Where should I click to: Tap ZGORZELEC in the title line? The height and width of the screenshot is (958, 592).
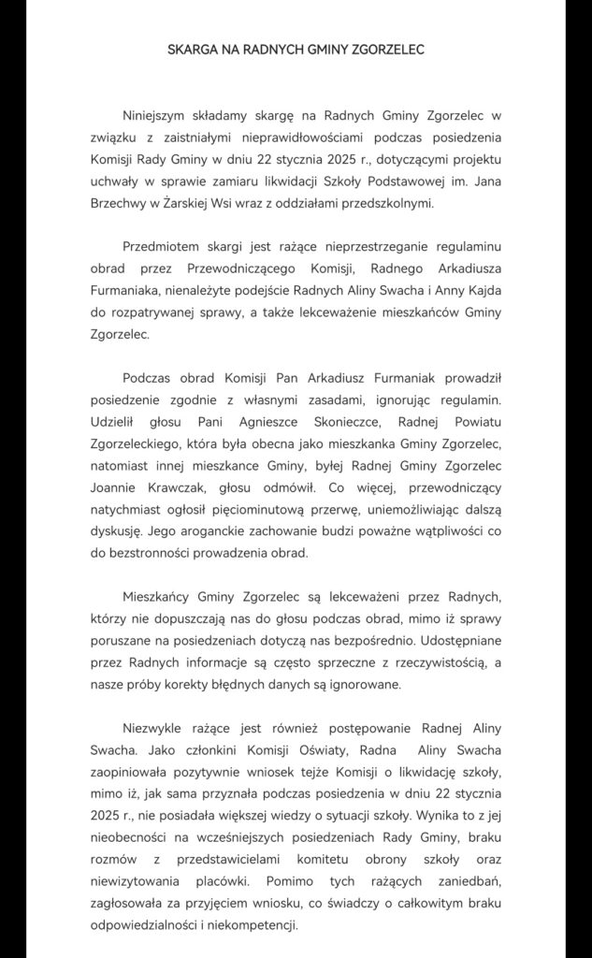tap(386, 50)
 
